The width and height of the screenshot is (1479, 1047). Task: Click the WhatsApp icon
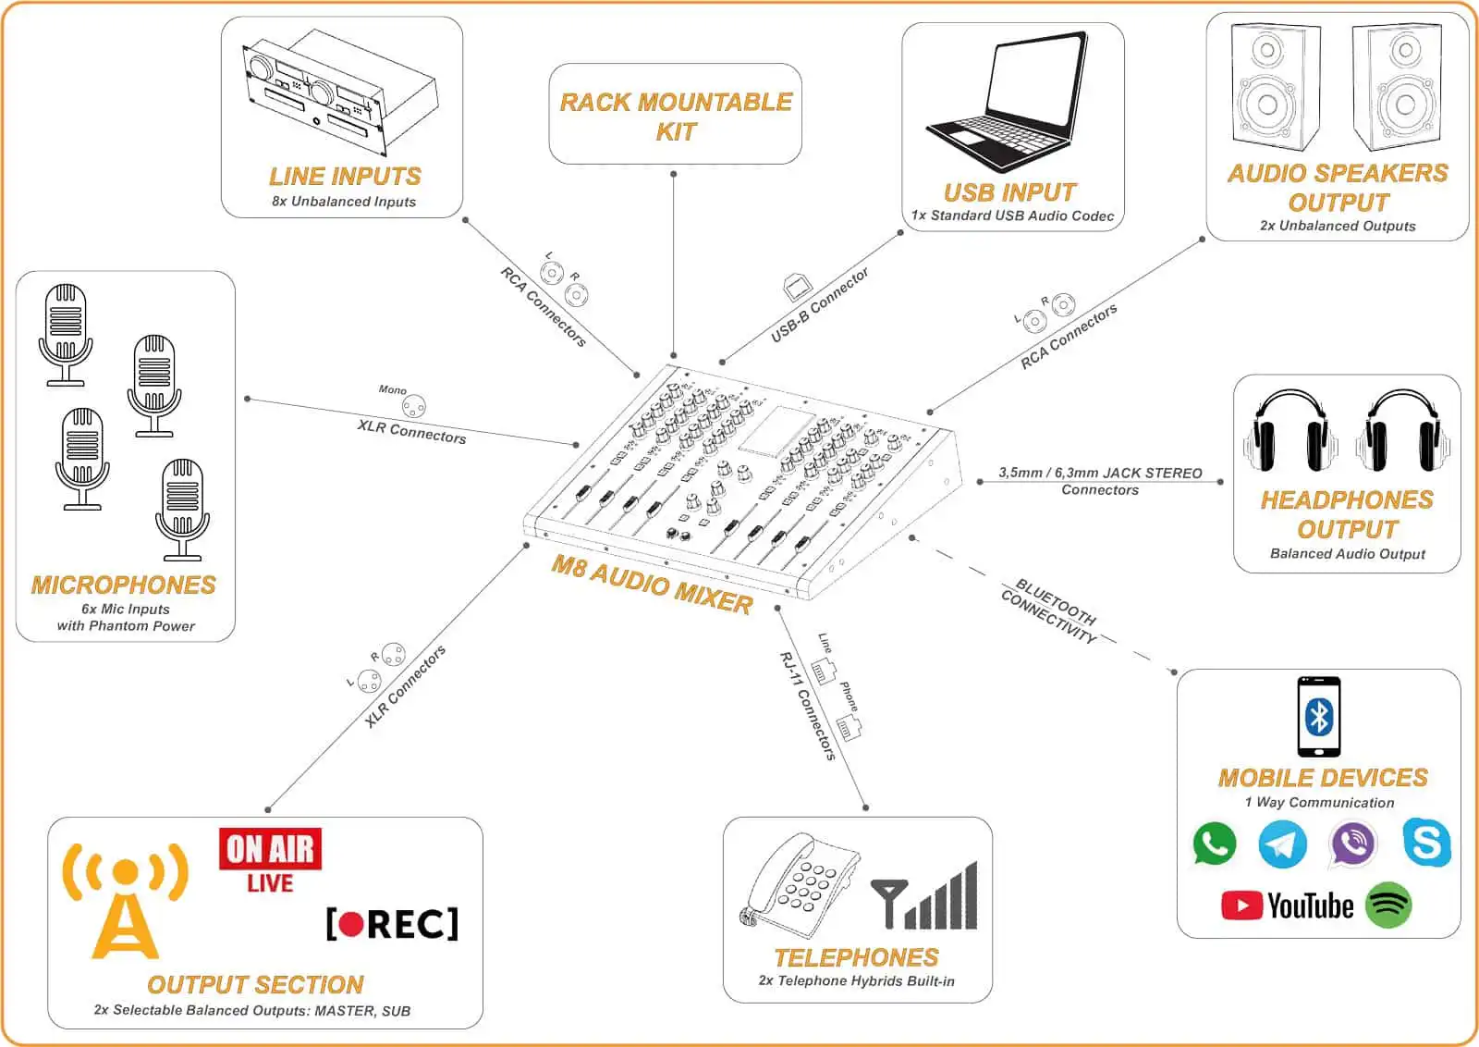click(1214, 844)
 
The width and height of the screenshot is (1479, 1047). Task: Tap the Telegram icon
click(1283, 844)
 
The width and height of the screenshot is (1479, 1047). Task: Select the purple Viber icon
click(1352, 844)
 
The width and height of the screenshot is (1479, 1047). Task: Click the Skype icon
click(1426, 843)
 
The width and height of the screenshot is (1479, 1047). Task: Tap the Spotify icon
click(1388, 905)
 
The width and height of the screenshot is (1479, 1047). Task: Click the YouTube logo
click(1288, 905)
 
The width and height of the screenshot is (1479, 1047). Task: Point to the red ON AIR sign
click(270, 849)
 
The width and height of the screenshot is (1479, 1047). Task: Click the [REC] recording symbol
click(392, 923)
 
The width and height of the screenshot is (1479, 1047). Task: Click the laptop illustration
click(1008, 102)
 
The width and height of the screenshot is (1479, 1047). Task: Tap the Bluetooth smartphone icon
click(1319, 717)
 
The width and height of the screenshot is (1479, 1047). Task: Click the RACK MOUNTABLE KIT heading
click(676, 116)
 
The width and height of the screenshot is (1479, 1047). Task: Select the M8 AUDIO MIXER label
click(653, 585)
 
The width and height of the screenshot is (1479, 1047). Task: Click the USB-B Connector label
click(820, 305)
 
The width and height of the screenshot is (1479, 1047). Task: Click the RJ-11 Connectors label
click(808, 706)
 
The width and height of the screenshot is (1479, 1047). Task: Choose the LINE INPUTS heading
click(345, 176)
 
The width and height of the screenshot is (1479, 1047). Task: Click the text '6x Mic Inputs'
click(126, 609)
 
